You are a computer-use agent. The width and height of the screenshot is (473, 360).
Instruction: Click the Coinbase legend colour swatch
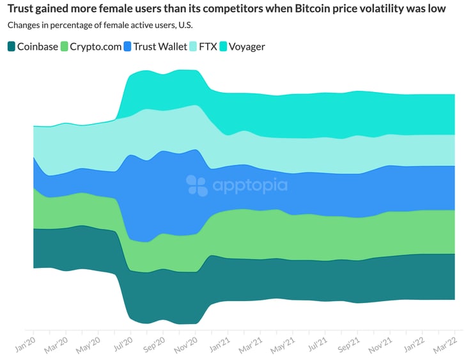point(12,46)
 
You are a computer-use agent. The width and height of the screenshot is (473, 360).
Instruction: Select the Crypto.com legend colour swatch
point(64,46)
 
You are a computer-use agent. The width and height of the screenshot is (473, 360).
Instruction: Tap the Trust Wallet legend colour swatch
point(128,46)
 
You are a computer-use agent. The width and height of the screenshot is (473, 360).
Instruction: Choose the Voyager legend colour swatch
point(224,46)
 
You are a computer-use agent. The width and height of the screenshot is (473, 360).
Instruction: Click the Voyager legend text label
point(247,46)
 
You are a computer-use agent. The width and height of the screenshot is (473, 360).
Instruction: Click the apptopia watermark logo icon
point(197,185)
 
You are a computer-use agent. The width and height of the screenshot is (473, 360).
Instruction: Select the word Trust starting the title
point(21,10)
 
